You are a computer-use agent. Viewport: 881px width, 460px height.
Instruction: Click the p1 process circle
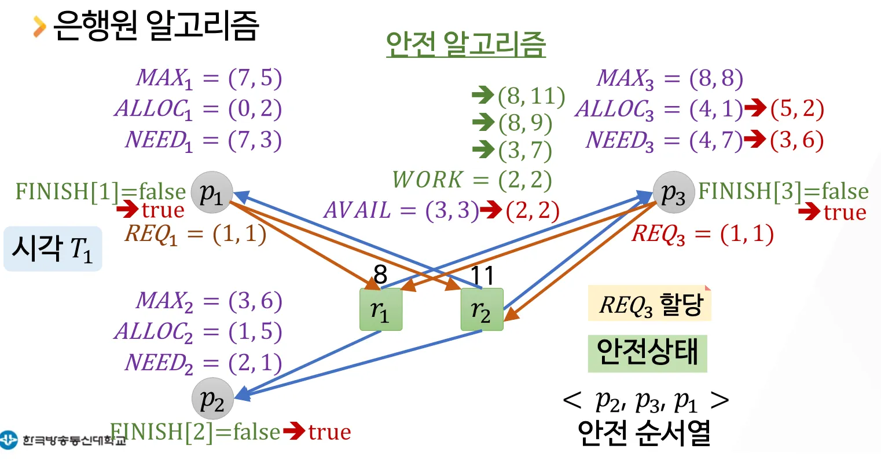(x=212, y=192)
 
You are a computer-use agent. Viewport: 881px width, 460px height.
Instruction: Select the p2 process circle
(x=212, y=399)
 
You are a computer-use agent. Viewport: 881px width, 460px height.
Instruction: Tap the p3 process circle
(x=674, y=192)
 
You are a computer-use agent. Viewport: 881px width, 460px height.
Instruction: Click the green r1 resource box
(x=381, y=310)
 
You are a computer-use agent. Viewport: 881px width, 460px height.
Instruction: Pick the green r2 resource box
(x=482, y=310)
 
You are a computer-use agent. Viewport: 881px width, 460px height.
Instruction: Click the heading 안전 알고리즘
(x=465, y=43)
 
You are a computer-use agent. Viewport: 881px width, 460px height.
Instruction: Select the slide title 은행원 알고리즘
(x=155, y=25)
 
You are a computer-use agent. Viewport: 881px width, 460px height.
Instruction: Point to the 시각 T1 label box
(x=53, y=249)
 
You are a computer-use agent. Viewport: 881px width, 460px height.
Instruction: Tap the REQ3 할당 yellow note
(x=649, y=304)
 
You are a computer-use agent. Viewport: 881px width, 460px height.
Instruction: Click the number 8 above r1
(x=380, y=275)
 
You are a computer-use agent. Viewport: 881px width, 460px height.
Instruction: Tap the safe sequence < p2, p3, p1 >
(x=645, y=400)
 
